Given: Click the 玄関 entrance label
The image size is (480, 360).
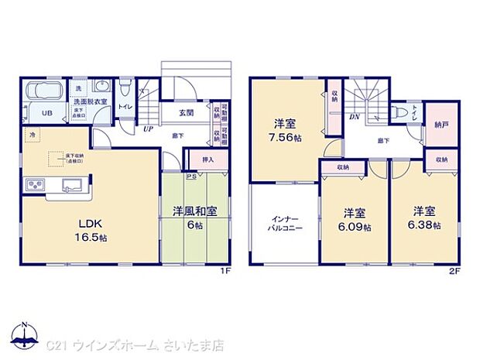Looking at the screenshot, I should pos(186,112).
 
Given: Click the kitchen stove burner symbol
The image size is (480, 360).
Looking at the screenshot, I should pos(35,184).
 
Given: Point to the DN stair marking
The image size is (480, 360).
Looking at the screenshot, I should pos(353,117).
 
